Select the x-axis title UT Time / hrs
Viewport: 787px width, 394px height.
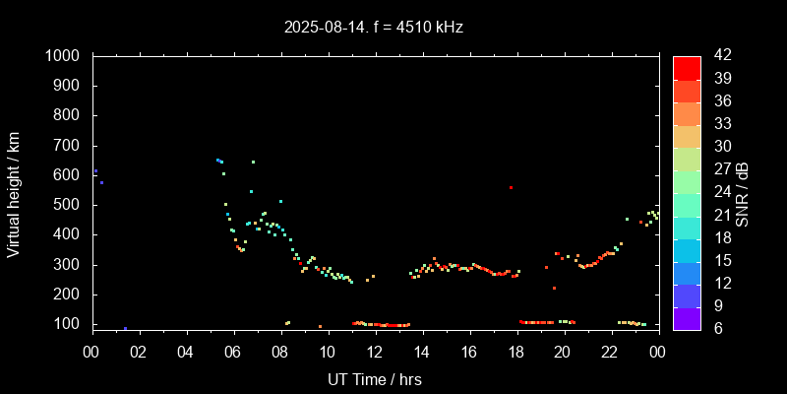pos(374,378)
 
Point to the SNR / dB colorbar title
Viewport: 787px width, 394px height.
pos(744,192)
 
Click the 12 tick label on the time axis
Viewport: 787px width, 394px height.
pos(374,352)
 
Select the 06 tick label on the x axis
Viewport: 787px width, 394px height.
pos(233,352)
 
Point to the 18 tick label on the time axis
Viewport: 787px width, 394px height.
pos(515,352)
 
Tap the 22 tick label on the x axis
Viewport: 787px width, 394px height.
pos(610,352)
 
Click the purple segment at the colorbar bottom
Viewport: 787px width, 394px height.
pos(687,317)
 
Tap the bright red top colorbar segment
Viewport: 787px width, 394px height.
pos(687,67)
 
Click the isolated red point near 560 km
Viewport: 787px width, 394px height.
pos(511,187)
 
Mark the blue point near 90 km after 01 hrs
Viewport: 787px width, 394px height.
pos(125,328)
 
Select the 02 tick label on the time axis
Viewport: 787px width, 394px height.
pos(139,352)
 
